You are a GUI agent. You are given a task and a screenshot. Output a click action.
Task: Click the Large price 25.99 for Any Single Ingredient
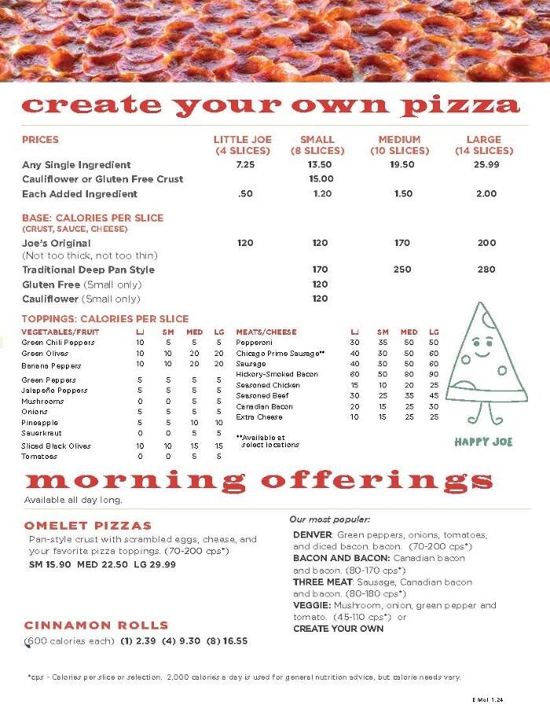(486, 165)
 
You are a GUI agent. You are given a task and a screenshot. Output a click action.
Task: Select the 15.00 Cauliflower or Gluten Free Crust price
(321, 179)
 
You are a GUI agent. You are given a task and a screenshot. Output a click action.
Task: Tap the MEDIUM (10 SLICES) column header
(400, 145)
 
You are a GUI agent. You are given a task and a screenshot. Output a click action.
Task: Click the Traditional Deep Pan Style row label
(88, 270)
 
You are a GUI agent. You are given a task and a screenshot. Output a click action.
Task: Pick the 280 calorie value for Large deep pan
(486, 270)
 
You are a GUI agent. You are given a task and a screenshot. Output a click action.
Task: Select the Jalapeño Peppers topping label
(54, 391)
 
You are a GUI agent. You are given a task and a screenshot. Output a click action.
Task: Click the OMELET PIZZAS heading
(88, 525)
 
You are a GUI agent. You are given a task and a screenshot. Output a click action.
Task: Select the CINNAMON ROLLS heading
(97, 626)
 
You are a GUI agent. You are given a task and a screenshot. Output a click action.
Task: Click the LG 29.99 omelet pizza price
(153, 564)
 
